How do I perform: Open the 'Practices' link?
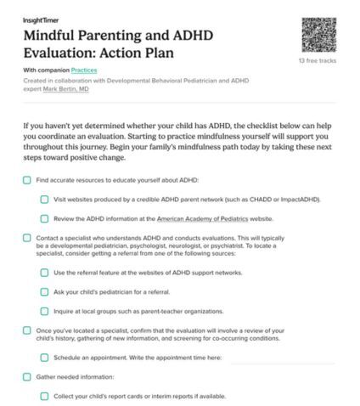click(84, 70)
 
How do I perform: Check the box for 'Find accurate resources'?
click(27, 180)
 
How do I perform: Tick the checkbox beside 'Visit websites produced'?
click(44, 200)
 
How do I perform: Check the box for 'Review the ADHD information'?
click(44, 218)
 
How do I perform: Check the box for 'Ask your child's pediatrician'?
click(44, 291)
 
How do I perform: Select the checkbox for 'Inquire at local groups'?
click(44, 311)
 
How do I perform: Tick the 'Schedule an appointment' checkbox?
click(44, 358)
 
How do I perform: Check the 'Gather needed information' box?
click(27, 376)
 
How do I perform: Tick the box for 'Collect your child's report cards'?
click(44, 396)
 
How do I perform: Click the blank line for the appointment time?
click(280, 359)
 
